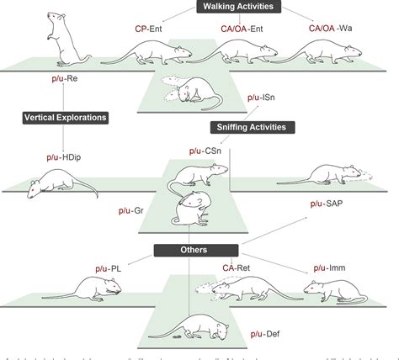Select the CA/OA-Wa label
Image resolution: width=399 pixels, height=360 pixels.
pos(332,29)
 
